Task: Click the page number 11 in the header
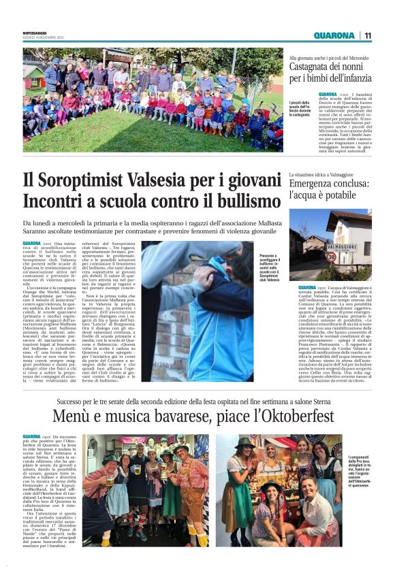(368, 35)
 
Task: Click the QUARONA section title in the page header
(334, 35)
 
